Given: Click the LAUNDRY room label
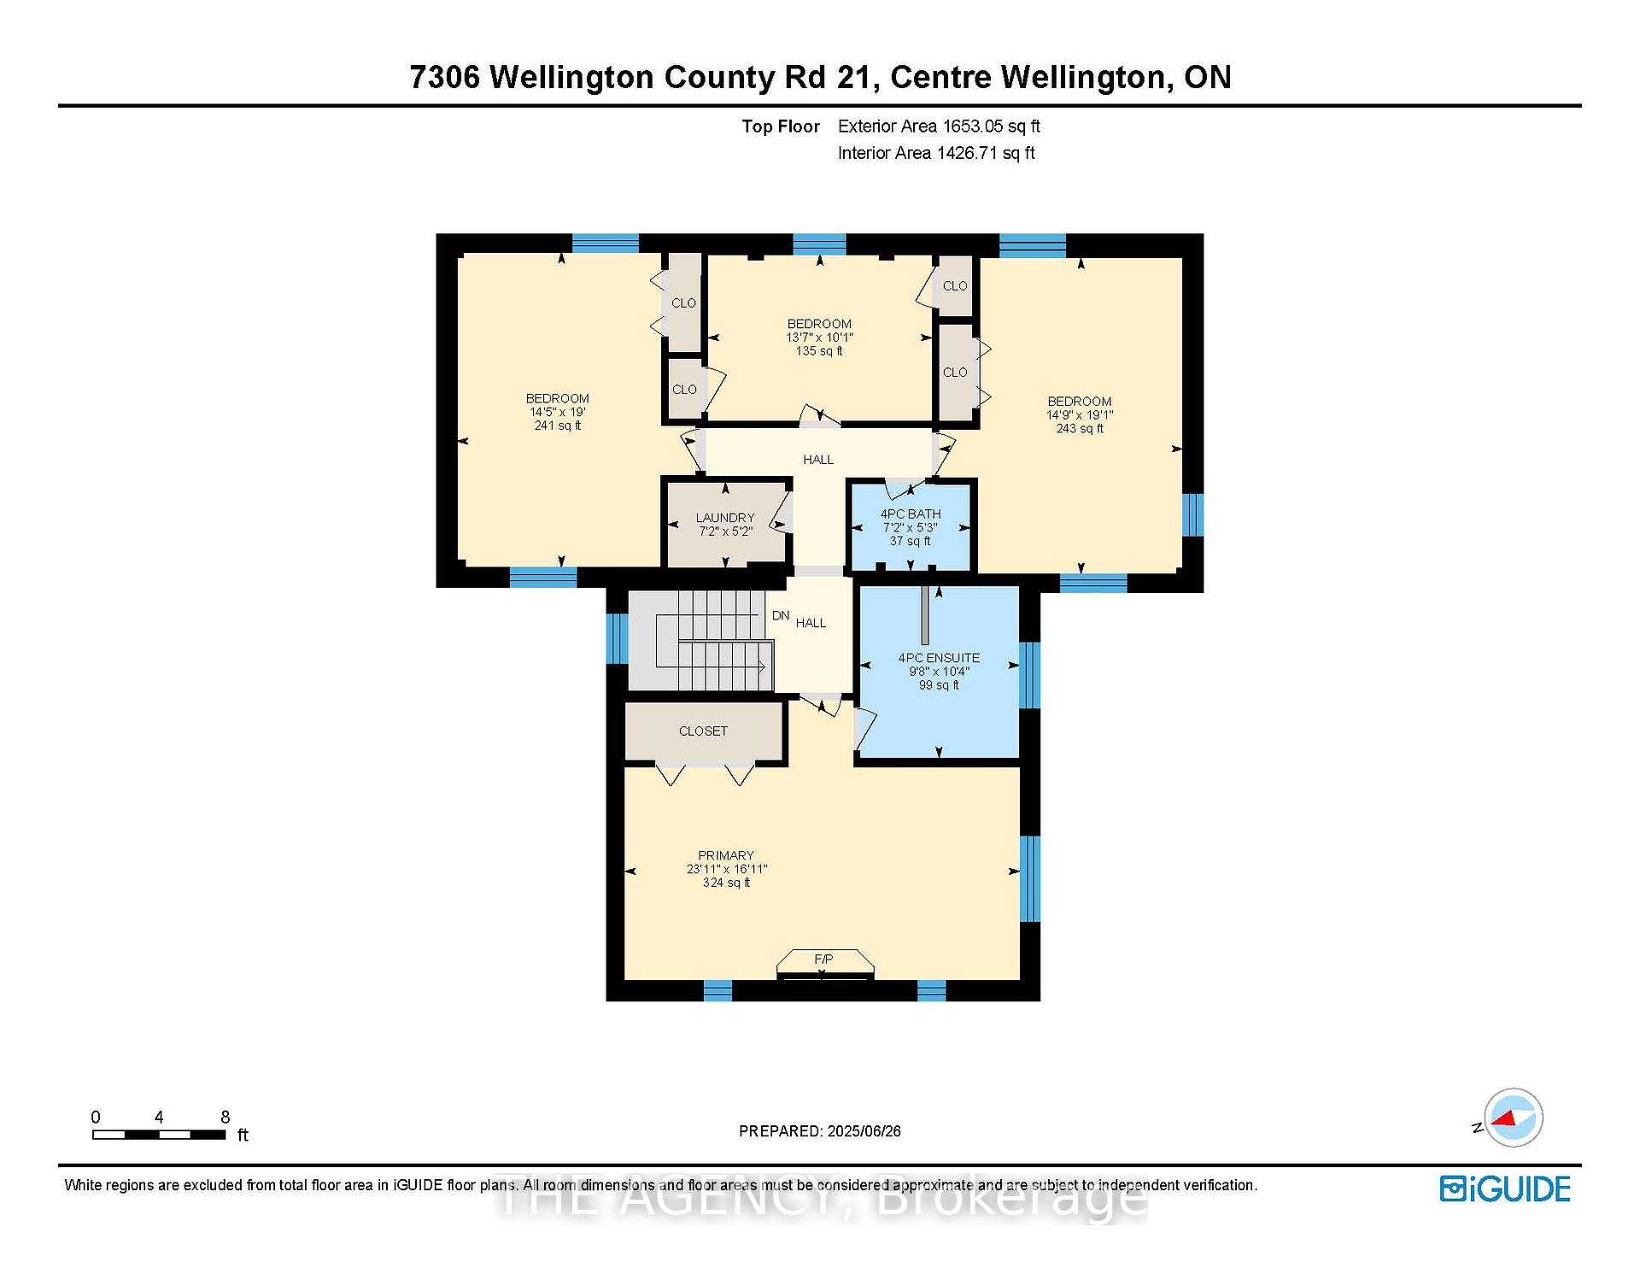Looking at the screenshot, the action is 725,518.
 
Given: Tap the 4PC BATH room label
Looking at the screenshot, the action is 911,514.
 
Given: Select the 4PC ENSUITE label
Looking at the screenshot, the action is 939,658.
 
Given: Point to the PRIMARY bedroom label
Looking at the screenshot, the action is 726,855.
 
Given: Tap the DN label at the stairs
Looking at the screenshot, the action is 781,615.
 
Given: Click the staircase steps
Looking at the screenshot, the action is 714,641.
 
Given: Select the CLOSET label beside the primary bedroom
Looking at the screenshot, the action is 703,731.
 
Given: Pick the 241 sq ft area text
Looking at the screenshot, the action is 558,426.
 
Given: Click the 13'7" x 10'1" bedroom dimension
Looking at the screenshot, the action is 820,338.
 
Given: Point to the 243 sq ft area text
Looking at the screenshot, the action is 1080,428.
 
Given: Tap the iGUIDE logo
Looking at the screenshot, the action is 1505,1189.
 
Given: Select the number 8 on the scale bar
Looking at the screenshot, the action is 225,1117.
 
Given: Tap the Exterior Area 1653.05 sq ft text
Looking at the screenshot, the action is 939,126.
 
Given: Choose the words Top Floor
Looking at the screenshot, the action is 781,126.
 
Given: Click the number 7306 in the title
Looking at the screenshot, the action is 445,77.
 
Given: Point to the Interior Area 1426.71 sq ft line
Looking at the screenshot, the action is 936,153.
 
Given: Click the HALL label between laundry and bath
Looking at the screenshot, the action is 818,460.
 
